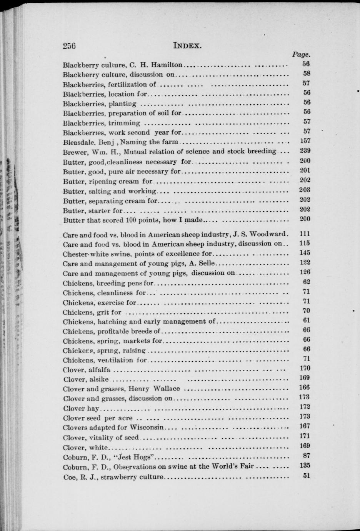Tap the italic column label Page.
[301, 55]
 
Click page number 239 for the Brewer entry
[305, 151]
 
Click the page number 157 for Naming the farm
[305, 141]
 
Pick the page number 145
[305, 253]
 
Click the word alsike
[99, 380]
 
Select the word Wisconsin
[147, 427]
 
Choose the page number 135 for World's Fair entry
[305, 466]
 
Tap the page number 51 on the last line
[306, 476]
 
